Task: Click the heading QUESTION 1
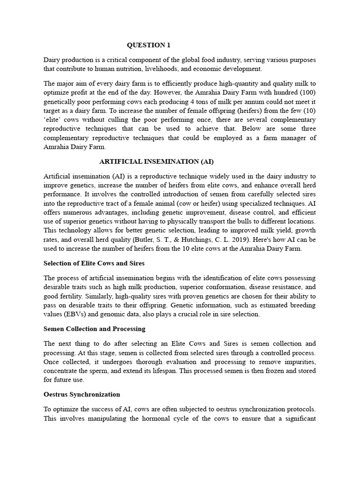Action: coord(149,45)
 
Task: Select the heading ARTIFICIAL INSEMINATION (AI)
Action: coord(157,162)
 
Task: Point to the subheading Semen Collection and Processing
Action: coord(94,329)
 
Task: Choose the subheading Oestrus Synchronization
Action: coord(82,394)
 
